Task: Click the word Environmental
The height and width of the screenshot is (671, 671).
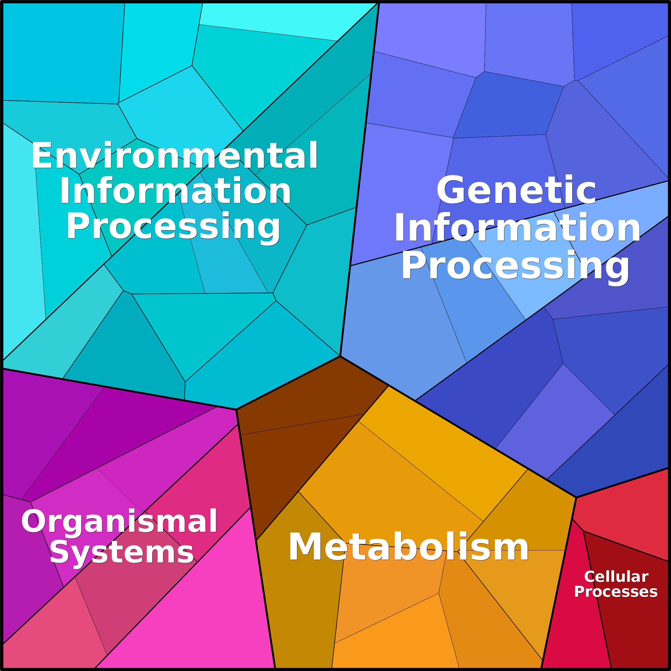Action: click(x=174, y=156)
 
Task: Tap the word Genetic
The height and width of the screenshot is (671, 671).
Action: click(x=516, y=191)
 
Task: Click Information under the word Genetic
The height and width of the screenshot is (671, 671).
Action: click(x=517, y=228)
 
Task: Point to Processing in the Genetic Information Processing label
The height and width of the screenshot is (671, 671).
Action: click(x=515, y=266)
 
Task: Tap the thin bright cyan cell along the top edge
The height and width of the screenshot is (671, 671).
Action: click(x=278, y=21)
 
